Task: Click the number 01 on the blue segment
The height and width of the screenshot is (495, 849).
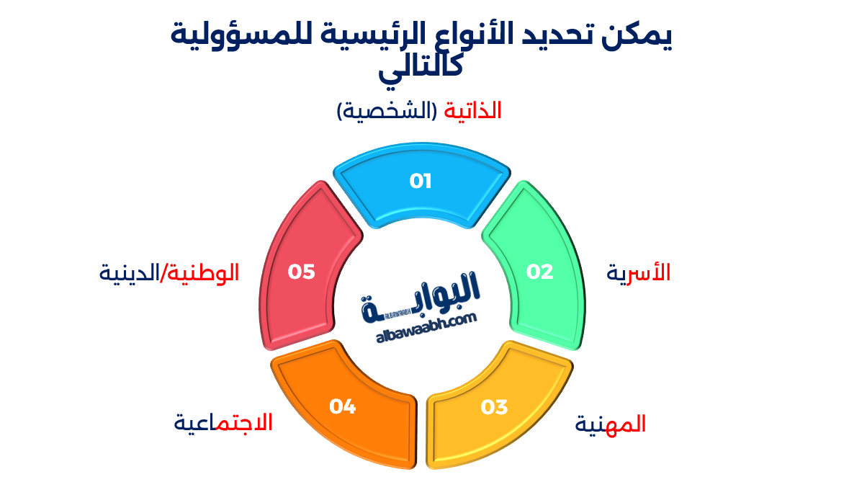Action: [421, 181]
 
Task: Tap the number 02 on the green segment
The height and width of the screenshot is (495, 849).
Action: [540, 272]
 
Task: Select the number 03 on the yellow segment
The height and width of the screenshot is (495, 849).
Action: [495, 407]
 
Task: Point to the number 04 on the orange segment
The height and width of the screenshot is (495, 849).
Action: [343, 407]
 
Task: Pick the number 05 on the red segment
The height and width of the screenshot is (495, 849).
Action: [302, 272]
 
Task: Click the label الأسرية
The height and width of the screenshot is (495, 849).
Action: [639, 272]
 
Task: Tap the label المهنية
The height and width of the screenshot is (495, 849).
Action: [611, 424]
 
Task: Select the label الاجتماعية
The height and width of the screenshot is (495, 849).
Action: [223, 422]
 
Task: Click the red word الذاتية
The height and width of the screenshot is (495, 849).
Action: [472, 111]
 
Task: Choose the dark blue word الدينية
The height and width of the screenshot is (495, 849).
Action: [128, 273]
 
